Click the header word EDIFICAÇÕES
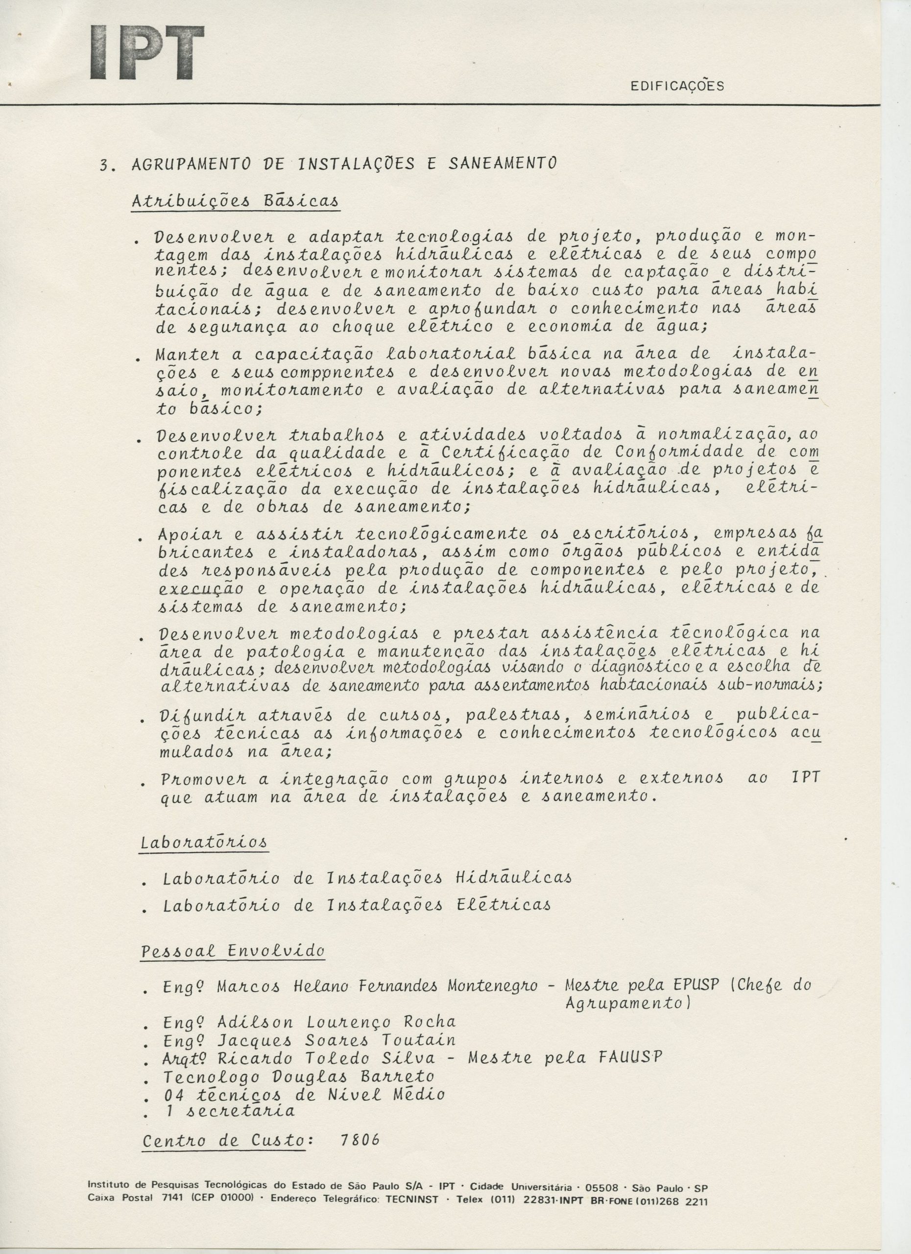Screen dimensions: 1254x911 (x=676, y=86)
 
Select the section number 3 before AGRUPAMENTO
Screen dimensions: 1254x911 (x=103, y=165)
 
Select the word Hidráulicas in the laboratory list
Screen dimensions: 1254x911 (x=514, y=878)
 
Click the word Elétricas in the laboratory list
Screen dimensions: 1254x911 (x=503, y=905)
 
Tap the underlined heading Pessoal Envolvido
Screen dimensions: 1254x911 (x=233, y=951)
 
